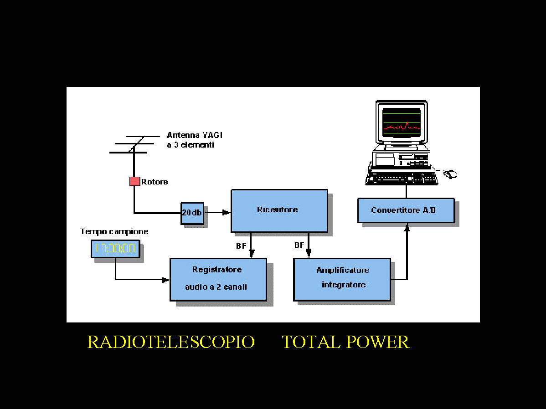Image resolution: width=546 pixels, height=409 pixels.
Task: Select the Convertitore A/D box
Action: [406, 210]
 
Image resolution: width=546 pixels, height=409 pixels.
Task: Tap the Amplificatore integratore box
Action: [342, 279]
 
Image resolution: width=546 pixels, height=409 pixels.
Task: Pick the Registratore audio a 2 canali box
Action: [218, 279]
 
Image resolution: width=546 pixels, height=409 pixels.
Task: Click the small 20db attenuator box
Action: [192, 213]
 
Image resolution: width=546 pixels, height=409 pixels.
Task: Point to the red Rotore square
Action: [134, 181]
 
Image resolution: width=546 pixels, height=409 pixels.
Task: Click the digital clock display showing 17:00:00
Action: [115, 249]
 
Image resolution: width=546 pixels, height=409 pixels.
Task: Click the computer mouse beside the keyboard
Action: [450, 174]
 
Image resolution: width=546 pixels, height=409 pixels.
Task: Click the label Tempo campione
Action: [114, 231]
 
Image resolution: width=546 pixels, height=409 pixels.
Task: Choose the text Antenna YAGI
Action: [195, 135]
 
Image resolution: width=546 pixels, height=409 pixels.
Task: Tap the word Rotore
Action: [155, 182]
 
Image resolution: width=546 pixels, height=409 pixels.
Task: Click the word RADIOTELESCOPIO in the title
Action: [171, 342]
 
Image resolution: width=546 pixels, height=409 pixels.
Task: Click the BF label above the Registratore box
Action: [241, 246]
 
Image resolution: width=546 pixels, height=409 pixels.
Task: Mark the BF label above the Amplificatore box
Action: [299, 245]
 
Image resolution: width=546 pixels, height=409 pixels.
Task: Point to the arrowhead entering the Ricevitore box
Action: [227, 212]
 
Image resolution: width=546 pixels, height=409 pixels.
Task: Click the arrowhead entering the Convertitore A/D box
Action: [407, 227]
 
